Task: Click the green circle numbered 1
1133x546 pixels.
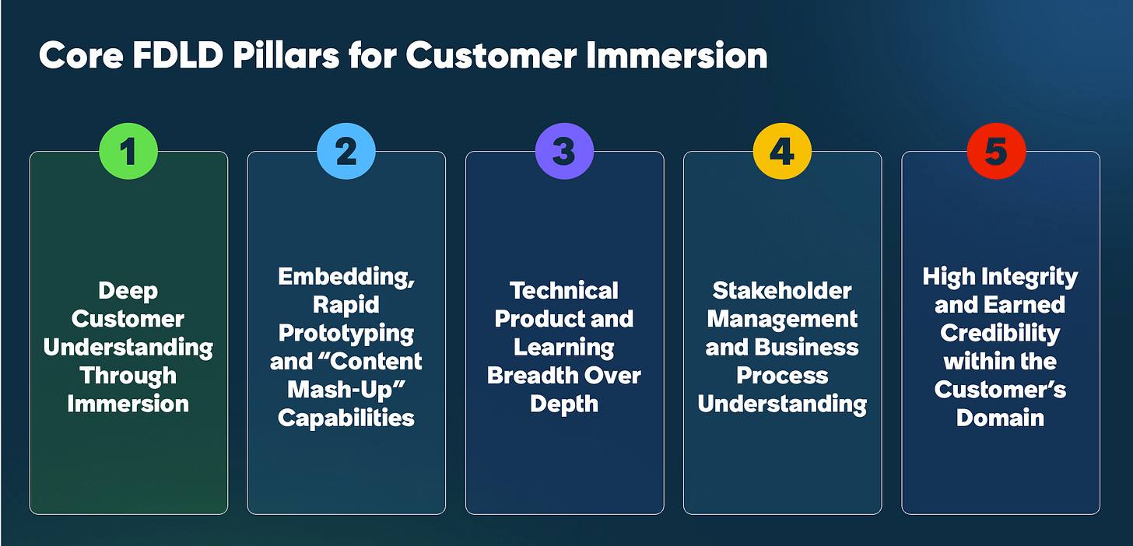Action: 128,152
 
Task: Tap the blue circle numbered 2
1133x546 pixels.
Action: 346,152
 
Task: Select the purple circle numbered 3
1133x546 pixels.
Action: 564,152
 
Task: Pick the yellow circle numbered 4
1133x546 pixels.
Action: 782,152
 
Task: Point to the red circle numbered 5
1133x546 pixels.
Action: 997,152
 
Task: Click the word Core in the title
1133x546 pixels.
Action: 80,56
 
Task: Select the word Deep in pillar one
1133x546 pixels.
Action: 128,291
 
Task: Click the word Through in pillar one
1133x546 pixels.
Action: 128,376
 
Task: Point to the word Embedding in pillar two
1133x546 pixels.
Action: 345,278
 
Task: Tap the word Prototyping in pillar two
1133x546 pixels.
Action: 346,334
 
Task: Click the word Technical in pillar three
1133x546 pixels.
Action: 564,291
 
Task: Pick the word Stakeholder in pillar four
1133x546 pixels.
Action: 782,291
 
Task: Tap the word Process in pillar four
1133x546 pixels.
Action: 782,376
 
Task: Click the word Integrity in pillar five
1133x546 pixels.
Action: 1030,278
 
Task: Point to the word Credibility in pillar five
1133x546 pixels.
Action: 1000,334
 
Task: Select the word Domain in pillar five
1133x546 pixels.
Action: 1000,418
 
